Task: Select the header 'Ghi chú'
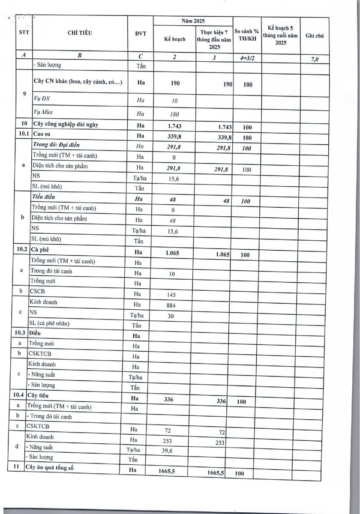pos(314,36)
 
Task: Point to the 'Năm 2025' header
pos(193,21)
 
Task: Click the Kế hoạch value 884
pos(171,305)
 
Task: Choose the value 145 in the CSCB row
pos(171,295)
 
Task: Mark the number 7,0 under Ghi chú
pos(314,60)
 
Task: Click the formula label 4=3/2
pos(246,57)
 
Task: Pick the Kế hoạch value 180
pos(173,114)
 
